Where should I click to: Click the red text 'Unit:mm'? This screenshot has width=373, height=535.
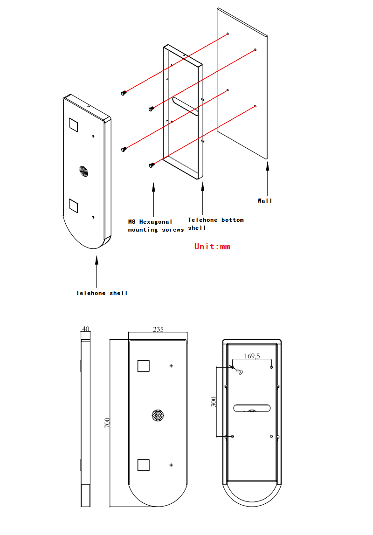point(212,247)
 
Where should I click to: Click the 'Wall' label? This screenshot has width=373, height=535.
point(265,201)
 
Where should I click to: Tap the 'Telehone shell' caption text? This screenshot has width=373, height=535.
point(102,293)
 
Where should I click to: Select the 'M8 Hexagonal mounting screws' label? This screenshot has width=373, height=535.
point(156,226)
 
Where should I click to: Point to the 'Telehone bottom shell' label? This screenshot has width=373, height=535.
point(215,224)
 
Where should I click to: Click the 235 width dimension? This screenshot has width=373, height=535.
point(158,329)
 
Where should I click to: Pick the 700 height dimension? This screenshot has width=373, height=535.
point(107,423)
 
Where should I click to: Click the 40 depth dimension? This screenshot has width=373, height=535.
point(85,329)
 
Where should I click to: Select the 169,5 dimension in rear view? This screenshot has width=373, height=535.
point(252,356)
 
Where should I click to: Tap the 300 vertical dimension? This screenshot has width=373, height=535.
point(214,402)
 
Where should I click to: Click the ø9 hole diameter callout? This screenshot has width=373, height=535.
point(239,371)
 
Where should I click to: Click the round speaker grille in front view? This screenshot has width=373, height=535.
point(158,415)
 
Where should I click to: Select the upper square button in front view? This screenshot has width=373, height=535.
point(143,366)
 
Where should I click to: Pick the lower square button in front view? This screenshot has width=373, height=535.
point(143,465)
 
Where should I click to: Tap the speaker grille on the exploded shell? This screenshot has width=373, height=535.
point(83,171)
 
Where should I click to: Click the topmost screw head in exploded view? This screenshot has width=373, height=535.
point(124,93)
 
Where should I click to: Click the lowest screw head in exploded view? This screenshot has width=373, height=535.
point(151,165)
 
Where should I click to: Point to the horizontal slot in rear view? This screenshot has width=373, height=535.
point(252,408)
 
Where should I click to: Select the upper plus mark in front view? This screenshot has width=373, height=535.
point(172,366)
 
